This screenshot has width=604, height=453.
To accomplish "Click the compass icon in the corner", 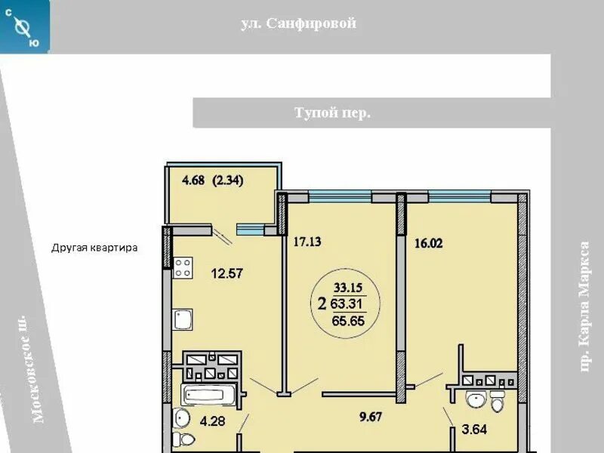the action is pyautogui.click(x=25, y=26).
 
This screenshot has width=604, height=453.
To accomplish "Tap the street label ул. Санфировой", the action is pyautogui.click(x=298, y=23).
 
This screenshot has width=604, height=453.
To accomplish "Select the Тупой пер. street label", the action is pyautogui.click(x=332, y=112).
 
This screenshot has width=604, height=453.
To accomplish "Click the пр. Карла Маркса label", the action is pyautogui.click(x=584, y=307).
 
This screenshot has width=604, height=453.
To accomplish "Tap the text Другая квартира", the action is pyautogui.click(x=94, y=248).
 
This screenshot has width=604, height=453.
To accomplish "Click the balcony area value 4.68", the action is pyautogui.click(x=193, y=180).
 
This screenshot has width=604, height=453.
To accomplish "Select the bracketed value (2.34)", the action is pyautogui.click(x=228, y=180).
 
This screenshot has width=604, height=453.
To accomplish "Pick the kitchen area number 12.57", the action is pyautogui.click(x=227, y=273).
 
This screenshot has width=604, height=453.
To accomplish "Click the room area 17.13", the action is pyautogui.click(x=307, y=242).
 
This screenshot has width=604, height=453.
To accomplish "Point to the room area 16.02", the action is pyautogui.click(x=428, y=243).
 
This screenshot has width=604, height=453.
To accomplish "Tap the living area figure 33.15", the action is pyautogui.click(x=348, y=288).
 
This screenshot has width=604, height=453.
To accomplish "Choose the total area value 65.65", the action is pyautogui.click(x=348, y=321).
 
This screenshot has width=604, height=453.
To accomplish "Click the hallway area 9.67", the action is pyautogui.click(x=371, y=418).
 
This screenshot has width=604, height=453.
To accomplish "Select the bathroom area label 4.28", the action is pyautogui.click(x=212, y=421).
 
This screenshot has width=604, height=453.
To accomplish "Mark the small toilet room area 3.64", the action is pyautogui.click(x=474, y=429).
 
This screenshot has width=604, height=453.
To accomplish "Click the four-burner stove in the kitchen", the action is pyautogui.click(x=183, y=268).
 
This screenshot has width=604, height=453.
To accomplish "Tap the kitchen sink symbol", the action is pyautogui.click(x=183, y=319).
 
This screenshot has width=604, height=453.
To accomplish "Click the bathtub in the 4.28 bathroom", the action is pyautogui.click(x=208, y=394).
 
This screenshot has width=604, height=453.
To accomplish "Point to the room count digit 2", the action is pyautogui.click(x=322, y=305).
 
